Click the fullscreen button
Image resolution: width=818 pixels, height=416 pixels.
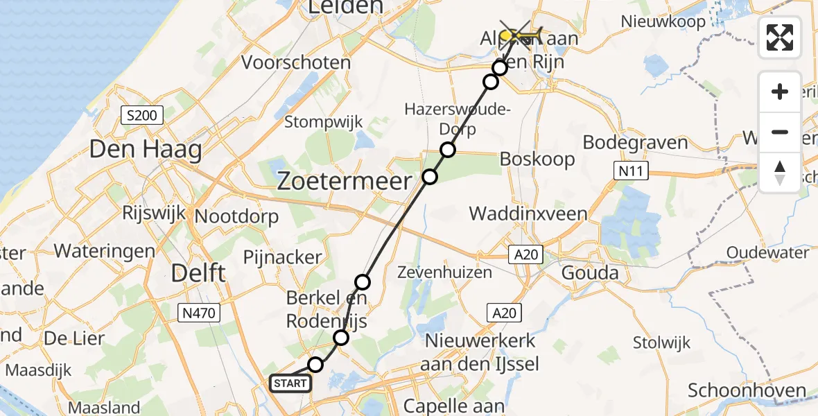click(780, 37)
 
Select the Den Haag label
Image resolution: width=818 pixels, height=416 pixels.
click(146, 148)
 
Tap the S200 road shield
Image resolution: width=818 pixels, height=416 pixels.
click(141, 115)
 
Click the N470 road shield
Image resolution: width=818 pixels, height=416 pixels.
click(198, 313)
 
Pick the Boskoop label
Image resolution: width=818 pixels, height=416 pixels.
click(538, 159)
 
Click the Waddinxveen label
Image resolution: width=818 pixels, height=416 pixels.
click(528, 214)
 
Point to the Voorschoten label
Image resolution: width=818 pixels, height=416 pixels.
click(296, 62)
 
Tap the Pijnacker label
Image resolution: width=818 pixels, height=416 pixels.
click(283, 257)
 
